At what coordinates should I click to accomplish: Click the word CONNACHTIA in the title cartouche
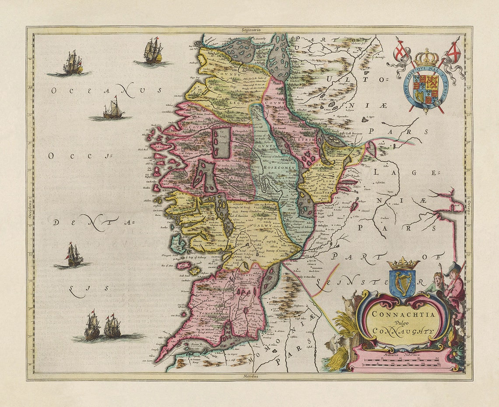pyautogui.click(x=403, y=314)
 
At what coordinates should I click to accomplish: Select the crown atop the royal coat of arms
pyautogui.click(x=426, y=57)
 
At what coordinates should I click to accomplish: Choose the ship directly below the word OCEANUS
pyautogui.click(x=113, y=109)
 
